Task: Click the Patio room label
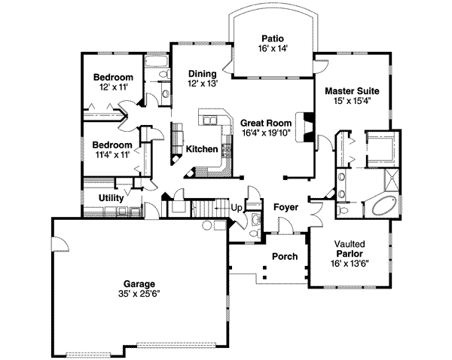(272, 37)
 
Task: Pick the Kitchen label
(203, 149)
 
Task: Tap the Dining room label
(203, 74)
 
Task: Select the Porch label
(285, 257)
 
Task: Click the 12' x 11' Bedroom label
(113, 78)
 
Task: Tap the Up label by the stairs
(235, 208)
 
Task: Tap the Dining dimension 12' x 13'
(203, 84)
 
